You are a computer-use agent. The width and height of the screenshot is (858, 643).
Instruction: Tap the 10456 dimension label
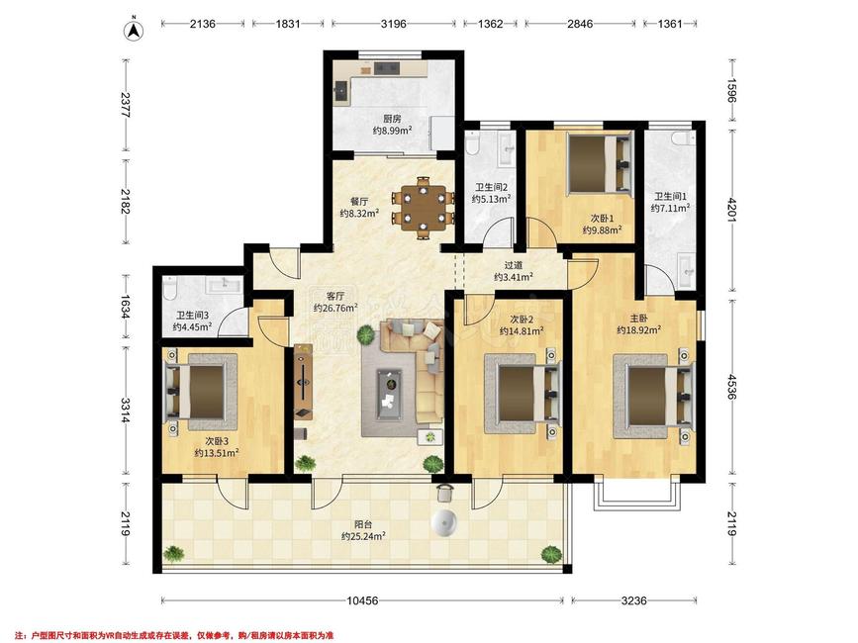[x=362, y=600]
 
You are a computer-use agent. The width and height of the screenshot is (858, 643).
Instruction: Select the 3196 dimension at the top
[x=394, y=24]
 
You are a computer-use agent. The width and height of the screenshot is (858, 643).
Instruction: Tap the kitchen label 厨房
[x=392, y=119]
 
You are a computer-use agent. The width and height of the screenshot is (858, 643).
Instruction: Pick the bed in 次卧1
[x=600, y=163]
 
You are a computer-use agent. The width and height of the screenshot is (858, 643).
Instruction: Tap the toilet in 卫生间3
[x=169, y=289]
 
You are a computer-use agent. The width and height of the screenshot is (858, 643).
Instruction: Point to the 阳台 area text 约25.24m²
[x=363, y=536]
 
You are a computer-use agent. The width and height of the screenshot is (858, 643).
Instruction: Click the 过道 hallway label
[x=514, y=265]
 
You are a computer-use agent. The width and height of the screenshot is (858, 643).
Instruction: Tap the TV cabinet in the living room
[x=303, y=382]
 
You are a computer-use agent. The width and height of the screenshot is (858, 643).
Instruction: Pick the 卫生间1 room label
[x=670, y=196]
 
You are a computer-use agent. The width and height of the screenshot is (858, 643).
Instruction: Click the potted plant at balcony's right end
[x=551, y=554]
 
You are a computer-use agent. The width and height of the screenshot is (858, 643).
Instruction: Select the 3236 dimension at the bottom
[x=633, y=600]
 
